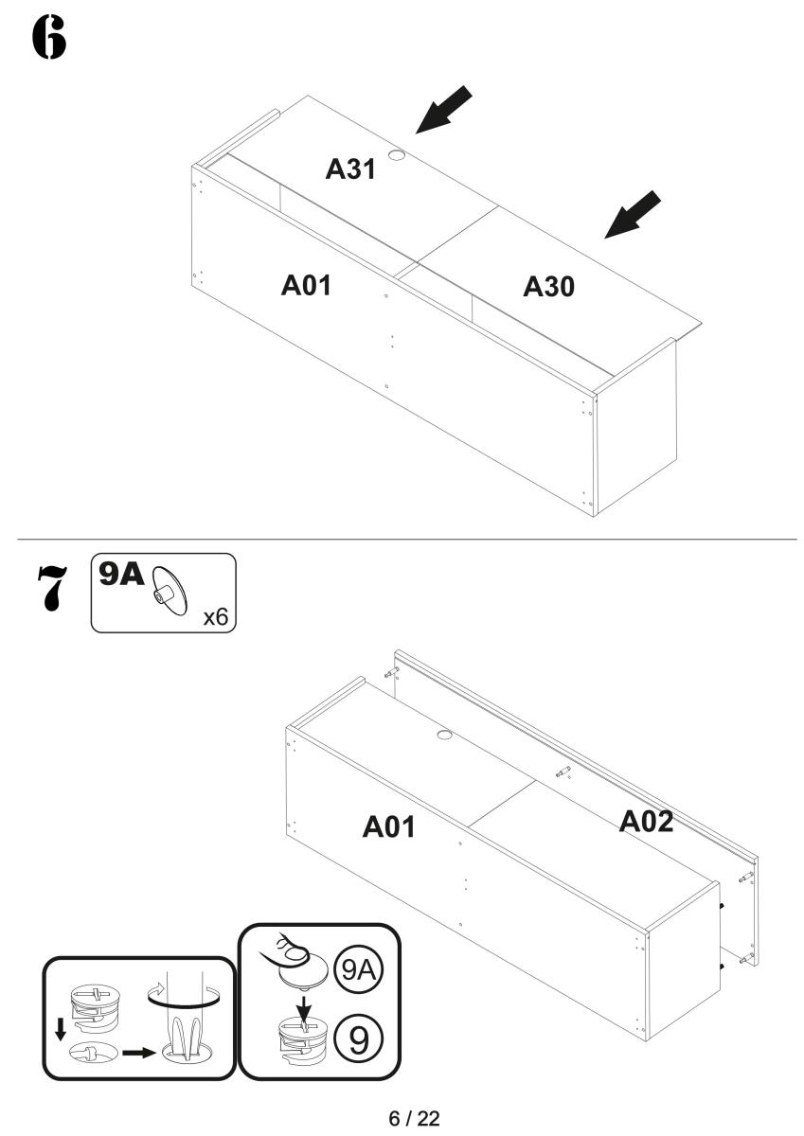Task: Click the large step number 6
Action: pyautogui.click(x=48, y=37)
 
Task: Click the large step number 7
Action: pyautogui.click(x=53, y=588)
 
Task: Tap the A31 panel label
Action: pyautogui.click(x=350, y=169)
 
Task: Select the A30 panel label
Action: pyautogui.click(x=548, y=287)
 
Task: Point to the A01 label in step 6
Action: pyautogui.click(x=306, y=285)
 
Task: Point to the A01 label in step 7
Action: pyautogui.click(x=389, y=826)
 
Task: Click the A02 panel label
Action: pyautogui.click(x=646, y=821)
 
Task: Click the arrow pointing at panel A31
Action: pyautogui.click(x=443, y=110)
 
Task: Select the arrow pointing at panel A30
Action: pyautogui.click(x=633, y=214)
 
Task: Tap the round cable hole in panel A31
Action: pyautogui.click(x=397, y=155)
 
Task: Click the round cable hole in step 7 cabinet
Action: pyautogui.click(x=444, y=735)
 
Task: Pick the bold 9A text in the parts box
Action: pyautogui.click(x=121, y=575)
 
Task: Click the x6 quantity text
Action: pyautogui.click(x=216, y=617)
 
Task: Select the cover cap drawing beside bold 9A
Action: pyautogui.click(x=170, y=591)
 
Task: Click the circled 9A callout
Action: pyautogui.click(x=359, y=970)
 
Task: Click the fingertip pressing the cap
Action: pyautogui.click(x=295, y=953)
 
